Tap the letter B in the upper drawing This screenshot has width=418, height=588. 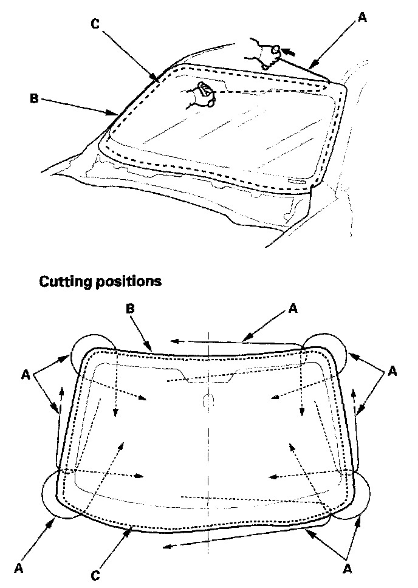pos(35,97)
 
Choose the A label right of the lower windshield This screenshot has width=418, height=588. pos(392,371)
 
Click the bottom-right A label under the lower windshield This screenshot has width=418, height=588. pos(348,568)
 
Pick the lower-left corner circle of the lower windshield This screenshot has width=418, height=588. pos(58,496)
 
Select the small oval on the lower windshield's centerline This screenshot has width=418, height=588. pos(208,402)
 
